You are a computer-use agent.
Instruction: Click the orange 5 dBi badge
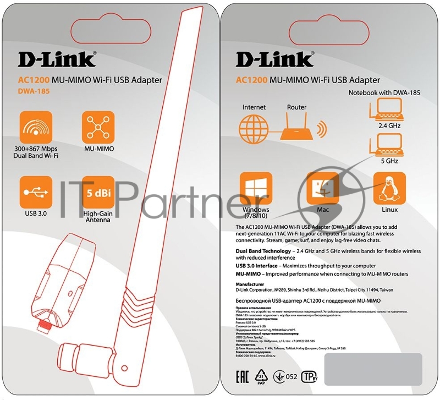(x=97, y=192)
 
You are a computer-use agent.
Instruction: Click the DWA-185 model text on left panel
(x=33, y=91)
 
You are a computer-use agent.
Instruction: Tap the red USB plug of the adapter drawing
(x=42, y=326)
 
